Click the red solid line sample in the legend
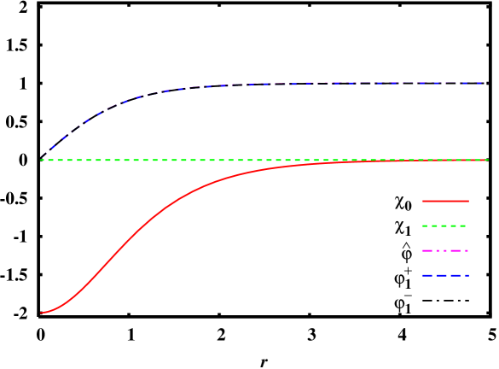click(x=444, y=201)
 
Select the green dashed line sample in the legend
click(x=444, y=225)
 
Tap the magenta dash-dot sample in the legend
click(x=444, y=250)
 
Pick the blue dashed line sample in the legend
click(x=444, y=275)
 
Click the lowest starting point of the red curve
click(x=41, y=313)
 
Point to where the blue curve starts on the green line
click(x=41, y=159)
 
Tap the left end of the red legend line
click(x=421, y=201)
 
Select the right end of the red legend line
click(x=468, y=201)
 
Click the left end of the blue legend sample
click(x=421, y=275)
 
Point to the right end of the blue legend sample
click(x=468, y=275)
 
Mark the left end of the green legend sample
click(x=421, y=225)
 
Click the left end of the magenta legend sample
click(x=421, y=250)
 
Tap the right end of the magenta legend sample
click(x=468, y=250)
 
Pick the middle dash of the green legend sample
click(x=444, y=225)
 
